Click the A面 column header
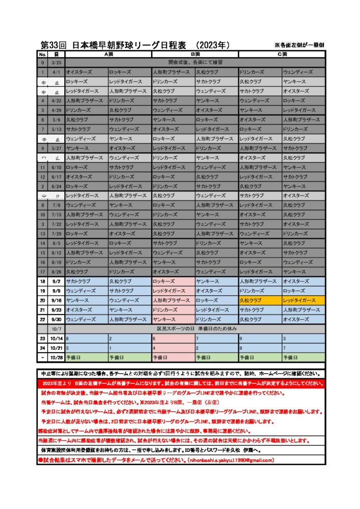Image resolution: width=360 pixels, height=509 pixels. click(x=107, y=54)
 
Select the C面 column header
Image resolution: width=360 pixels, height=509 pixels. click(x=282, y=54)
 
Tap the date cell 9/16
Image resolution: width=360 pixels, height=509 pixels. click(x=57, y=301)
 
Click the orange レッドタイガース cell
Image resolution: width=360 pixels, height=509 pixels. click(x=303, y=301)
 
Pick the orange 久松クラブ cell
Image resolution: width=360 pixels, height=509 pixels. click(x=260, y=301)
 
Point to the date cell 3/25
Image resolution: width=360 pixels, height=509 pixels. click(x=57, y=63)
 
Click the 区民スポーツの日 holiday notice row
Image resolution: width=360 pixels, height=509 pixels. click(x=195, y=329)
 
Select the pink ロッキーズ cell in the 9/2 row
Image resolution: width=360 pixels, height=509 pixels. click(x=173, y=281)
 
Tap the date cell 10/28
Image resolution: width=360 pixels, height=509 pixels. click(x=57, y=357)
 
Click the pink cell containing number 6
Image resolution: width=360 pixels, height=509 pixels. click(x=173, y=338)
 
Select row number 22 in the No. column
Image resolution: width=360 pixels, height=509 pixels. click(x=43, y=320)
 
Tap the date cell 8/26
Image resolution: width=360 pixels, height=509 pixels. click(x=57, y=272)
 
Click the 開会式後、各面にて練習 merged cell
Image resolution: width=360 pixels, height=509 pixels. click(x=195, y=63)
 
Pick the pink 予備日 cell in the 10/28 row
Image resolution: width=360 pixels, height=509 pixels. click(x=173, y=357)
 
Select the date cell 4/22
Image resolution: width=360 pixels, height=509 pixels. click(x=57, y=101)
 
